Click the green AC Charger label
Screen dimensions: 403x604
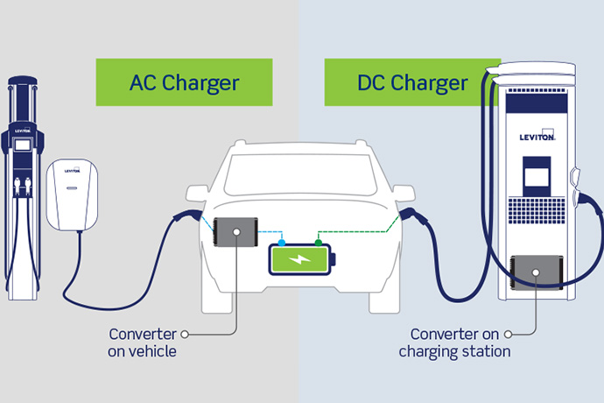point(184,83)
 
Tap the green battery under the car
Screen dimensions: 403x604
point(301,260)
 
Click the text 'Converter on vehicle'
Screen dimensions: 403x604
point(143,343)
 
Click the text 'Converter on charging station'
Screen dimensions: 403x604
point(454,343)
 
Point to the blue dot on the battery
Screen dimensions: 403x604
point(282,243)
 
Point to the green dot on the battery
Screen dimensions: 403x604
point(320,243)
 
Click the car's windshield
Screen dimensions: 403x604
point(301,172)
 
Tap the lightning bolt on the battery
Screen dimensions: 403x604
point(301,260)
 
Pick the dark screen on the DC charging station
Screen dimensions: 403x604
point(536,175)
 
